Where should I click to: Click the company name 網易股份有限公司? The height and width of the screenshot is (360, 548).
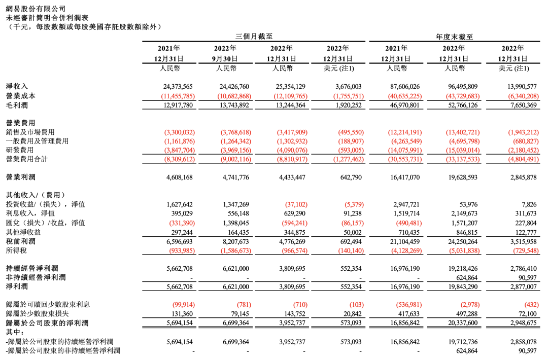click(x=36, y=9)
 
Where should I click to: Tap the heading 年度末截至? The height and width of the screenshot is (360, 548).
click(x=454, y=37)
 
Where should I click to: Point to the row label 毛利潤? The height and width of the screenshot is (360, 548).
click(x=17, y=105)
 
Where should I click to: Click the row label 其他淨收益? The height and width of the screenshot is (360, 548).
click(x=24, y=232)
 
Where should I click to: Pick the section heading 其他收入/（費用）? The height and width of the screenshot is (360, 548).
click(x=36, y=195)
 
